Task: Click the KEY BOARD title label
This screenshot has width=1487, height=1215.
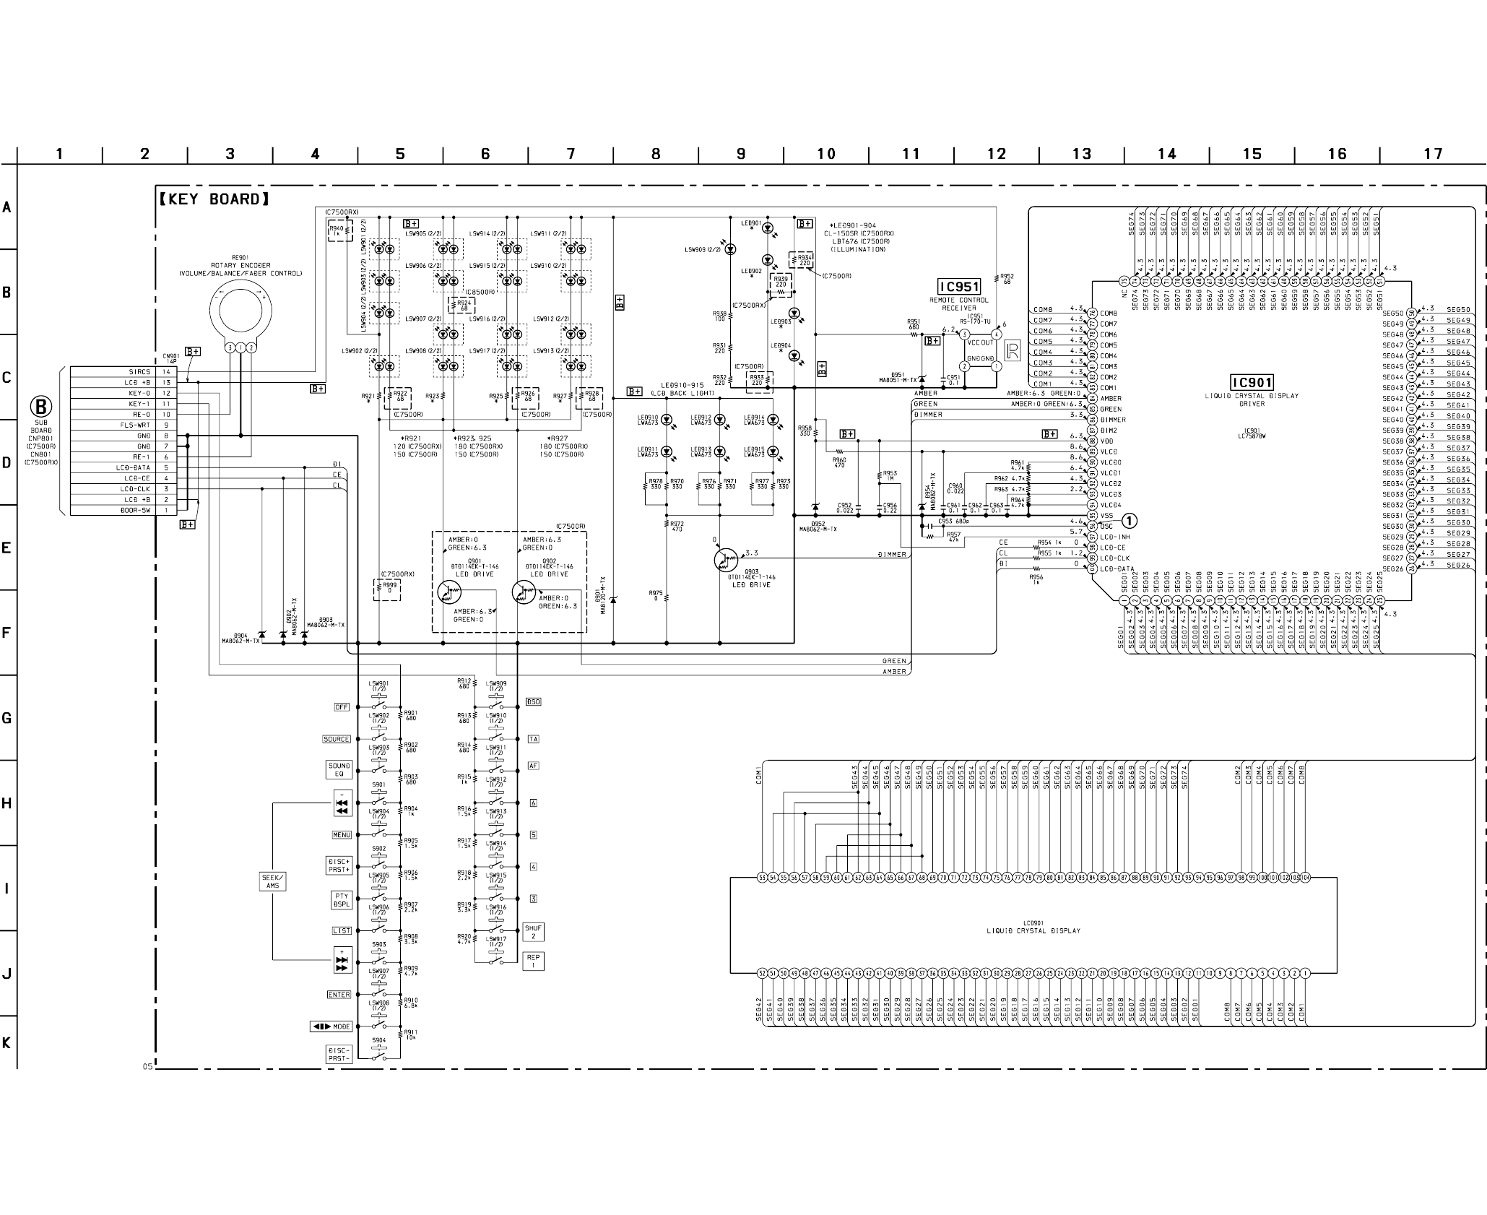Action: (214, 199)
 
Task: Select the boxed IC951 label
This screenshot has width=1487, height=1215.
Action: (958, 287)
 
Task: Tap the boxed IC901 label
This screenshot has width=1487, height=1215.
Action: (1252, 382)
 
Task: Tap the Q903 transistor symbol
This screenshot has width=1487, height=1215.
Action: (724, 560)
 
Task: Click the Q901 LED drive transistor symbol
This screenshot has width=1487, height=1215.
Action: (448, 592)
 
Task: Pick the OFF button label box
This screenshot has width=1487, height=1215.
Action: (342, 707)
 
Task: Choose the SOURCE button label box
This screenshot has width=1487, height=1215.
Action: (336, 739)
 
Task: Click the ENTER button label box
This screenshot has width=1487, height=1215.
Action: (339, 995)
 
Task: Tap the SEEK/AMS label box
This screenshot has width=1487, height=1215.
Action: (272, 881)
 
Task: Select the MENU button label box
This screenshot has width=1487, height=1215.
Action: (342, 835)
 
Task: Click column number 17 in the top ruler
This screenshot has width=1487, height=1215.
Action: (1433, 154)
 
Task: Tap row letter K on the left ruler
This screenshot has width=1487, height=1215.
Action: (6, 1043)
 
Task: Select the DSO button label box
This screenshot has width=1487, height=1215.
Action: (533, 702)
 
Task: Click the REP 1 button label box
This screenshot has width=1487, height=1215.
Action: (533, 961)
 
